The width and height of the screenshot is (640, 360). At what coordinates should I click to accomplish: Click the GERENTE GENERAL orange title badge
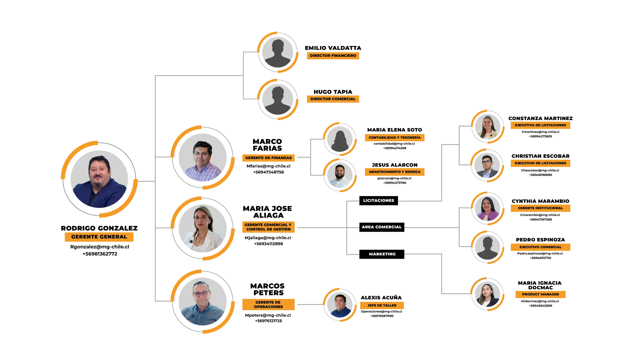coord(99,237)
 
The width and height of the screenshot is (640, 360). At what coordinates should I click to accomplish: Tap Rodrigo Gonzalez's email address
coord(100,247)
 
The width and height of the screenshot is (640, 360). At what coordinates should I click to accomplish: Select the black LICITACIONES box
coord(379,201)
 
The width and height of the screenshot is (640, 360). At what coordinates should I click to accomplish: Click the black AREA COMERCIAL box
coord(382,227)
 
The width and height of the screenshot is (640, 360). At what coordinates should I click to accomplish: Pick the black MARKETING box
coord(382,254)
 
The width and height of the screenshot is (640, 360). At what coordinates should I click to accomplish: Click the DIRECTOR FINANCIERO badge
coord(333,56)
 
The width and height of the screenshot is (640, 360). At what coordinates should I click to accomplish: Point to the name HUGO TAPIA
coord(333,92)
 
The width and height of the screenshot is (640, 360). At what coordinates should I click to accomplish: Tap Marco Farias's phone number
coord(268,172)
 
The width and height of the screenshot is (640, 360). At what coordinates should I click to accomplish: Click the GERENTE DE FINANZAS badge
coord(268,158)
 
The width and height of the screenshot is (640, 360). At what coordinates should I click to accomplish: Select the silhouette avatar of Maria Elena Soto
coord(340,139)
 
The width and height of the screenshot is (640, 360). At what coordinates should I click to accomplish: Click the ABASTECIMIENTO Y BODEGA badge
coord(395,172)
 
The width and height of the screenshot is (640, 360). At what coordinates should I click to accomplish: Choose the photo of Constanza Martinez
coord(488,127)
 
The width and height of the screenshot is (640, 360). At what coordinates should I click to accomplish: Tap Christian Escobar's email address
coord(540,170)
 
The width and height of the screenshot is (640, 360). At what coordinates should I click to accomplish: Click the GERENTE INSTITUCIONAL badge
coord(540,208)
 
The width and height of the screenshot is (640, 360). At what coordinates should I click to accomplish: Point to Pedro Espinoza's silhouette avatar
coord(488,247)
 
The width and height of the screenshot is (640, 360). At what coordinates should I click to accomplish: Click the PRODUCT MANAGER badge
coord(540,294)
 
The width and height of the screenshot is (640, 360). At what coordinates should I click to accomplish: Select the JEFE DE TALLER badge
coord(382,305)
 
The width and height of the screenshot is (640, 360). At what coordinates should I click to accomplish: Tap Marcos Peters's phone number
coord(268,321)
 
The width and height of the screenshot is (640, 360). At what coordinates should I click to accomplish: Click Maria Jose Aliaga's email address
coord(268,238)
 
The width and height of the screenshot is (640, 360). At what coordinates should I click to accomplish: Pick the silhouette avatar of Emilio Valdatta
coord(278,52)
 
